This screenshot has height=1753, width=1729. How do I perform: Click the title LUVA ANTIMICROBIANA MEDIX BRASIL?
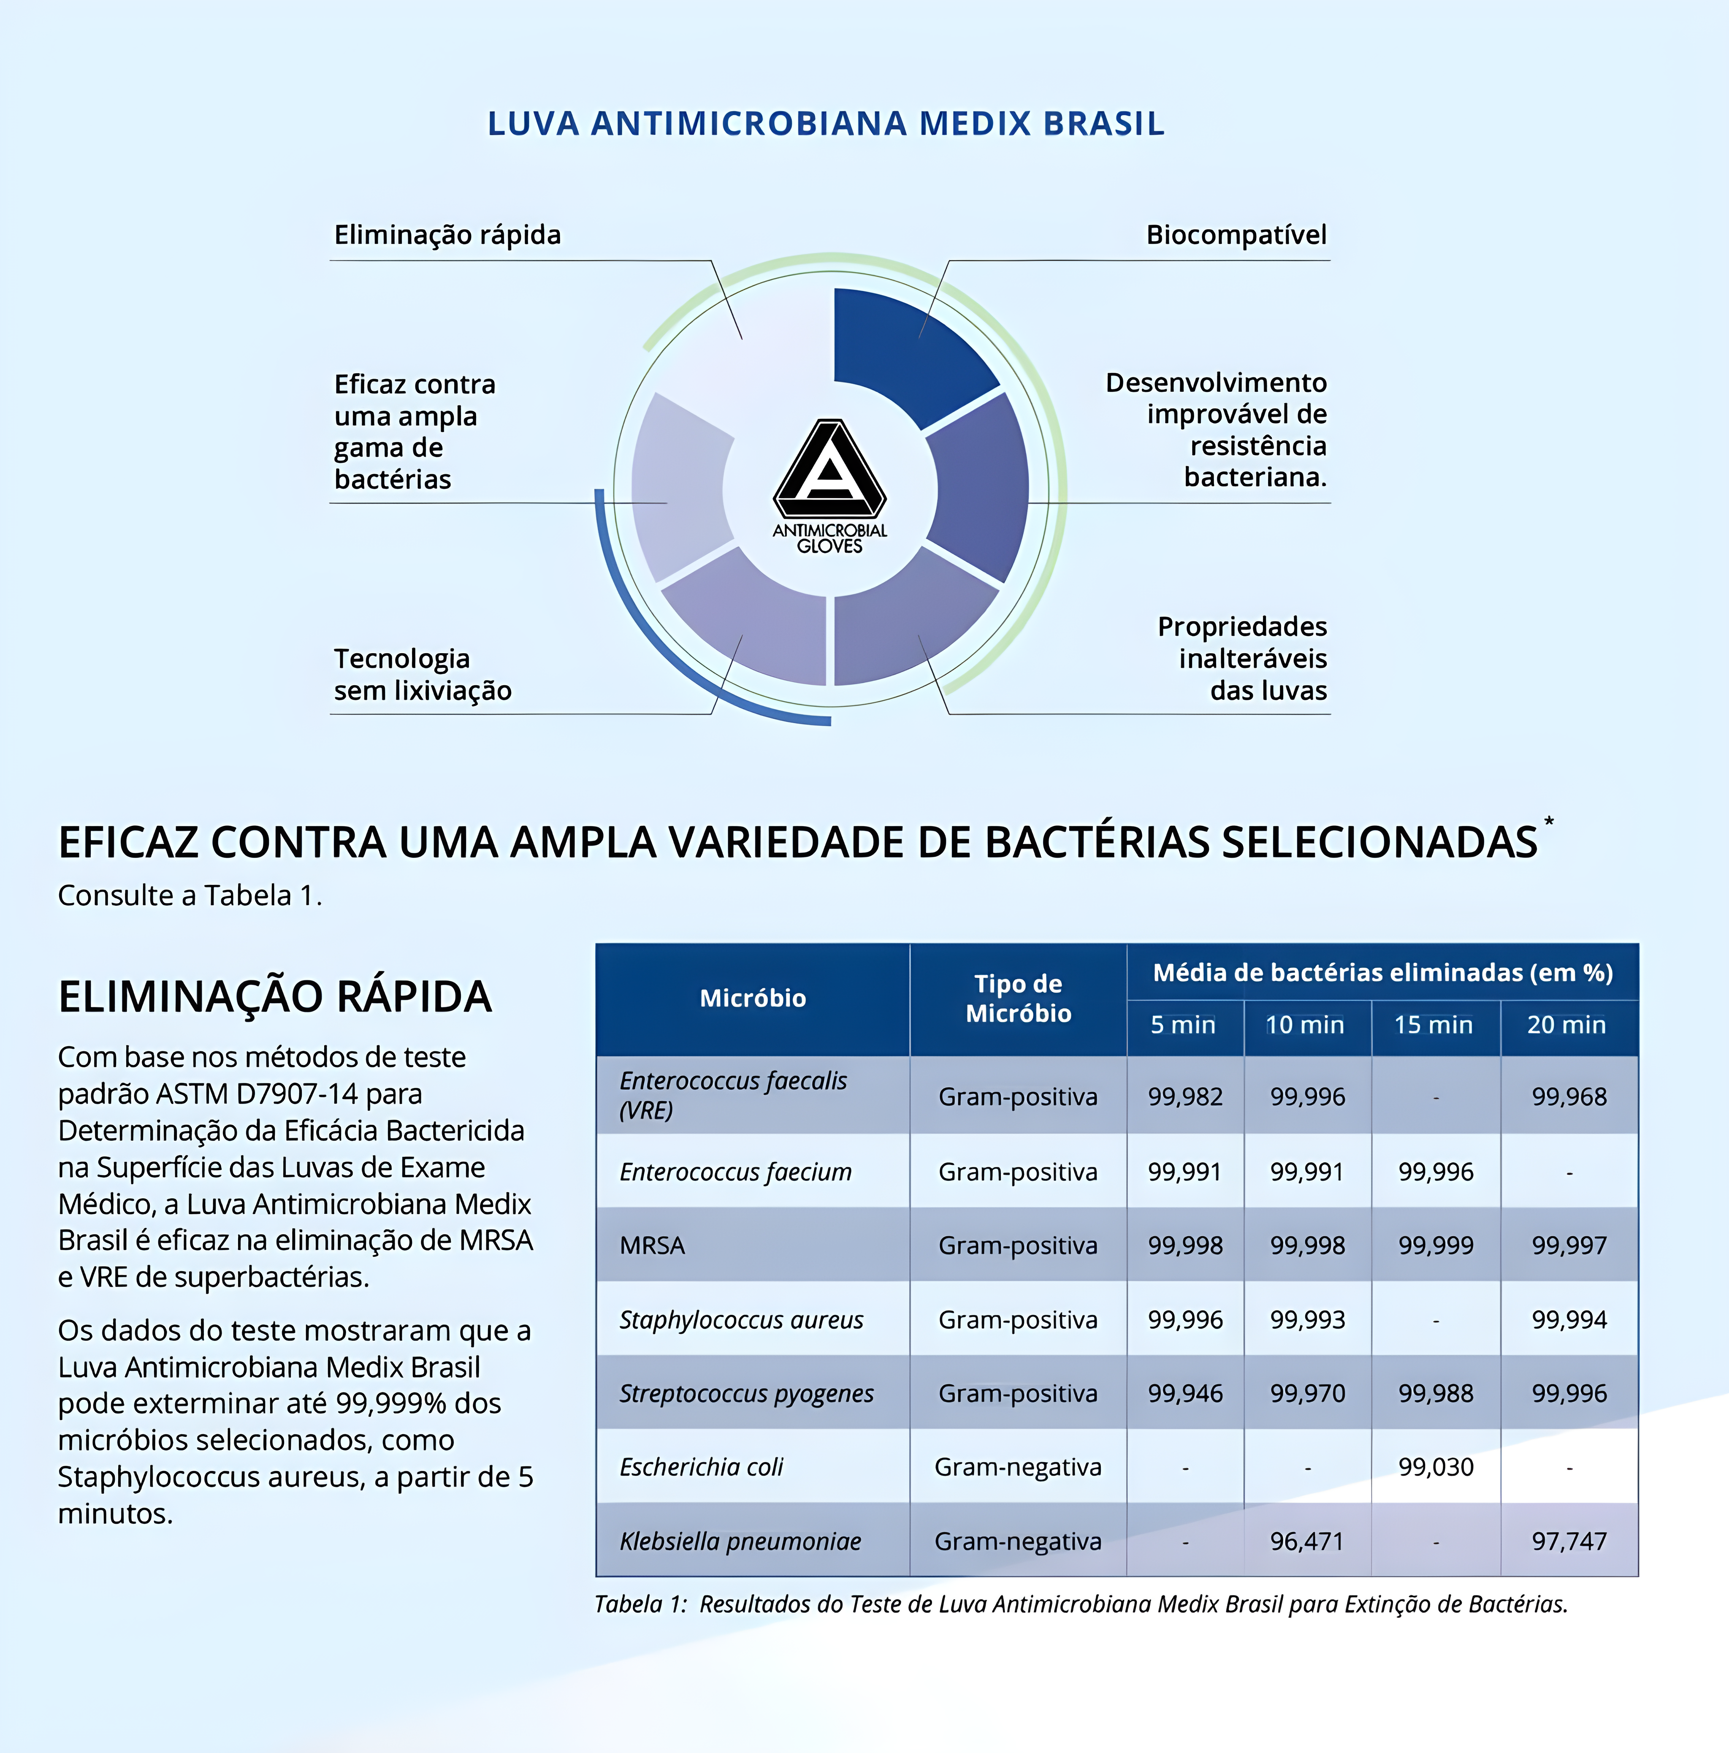point(826,123)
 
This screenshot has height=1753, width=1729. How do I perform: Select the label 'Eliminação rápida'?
point(447,235)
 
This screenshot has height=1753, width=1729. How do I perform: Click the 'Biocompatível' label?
point(1236,235)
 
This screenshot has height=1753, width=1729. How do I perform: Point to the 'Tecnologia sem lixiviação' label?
point(423,674)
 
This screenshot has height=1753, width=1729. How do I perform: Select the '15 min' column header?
point(1433,1025)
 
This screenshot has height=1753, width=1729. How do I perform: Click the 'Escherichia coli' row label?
point(701,1467)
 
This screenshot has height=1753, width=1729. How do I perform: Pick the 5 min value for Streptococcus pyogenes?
point(1185,1394)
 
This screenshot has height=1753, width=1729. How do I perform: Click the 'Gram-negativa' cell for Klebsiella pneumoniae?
point(1018,1541)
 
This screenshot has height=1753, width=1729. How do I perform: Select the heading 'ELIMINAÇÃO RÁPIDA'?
point(275,996)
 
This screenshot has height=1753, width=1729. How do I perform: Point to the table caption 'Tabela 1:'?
point(640,1604)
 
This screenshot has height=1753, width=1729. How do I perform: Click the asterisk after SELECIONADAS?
point(1549,821)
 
